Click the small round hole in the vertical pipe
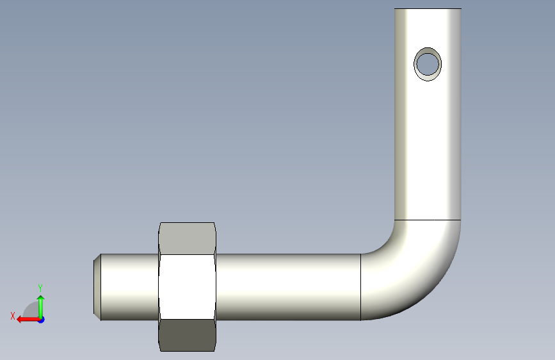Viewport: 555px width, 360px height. (x=427, y=64)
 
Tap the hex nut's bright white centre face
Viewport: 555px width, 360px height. (x=188, y=286)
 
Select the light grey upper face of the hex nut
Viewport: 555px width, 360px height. (x=188, y=238)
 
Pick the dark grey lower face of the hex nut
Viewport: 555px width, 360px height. (x=188, y=335)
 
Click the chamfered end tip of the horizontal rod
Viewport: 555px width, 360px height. (x=97, y=287)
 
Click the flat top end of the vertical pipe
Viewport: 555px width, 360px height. (x=428, y=8)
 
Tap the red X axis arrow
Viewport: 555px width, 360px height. (x=29, y=320)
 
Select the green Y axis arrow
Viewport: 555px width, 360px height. (x=41, y=307)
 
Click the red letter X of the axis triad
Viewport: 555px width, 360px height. (x=13, y=316)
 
